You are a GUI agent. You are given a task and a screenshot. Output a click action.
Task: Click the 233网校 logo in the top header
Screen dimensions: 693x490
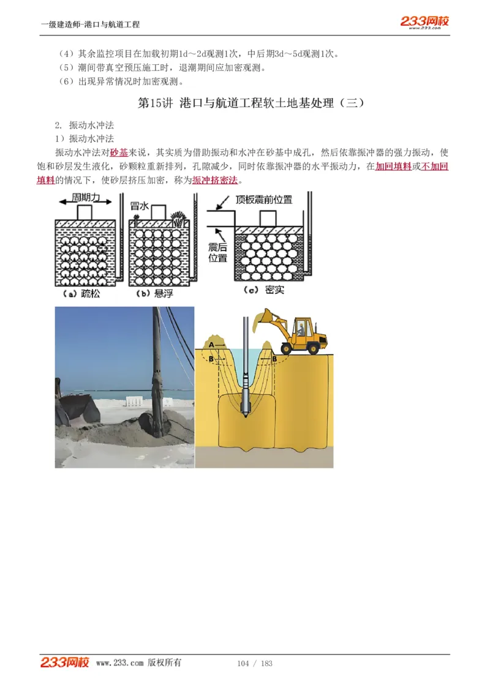[424, 22]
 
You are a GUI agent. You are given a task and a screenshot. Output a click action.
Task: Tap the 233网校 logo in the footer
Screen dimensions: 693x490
[65, 662]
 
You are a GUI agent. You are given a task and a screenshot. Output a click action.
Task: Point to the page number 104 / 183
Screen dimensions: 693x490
[254, 664]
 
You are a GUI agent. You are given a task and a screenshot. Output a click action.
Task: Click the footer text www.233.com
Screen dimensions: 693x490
[119, 663]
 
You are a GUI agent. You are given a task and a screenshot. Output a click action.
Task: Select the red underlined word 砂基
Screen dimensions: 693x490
[119, 152]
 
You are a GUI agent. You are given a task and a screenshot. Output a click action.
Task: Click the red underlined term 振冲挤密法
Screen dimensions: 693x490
[214, 181]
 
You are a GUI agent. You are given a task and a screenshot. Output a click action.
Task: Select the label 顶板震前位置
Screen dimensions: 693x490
[264, 200]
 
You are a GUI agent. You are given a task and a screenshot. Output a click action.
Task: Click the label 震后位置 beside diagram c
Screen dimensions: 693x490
[217, 252]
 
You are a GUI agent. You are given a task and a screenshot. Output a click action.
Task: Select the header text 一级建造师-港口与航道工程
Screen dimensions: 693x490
[90, 24]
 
